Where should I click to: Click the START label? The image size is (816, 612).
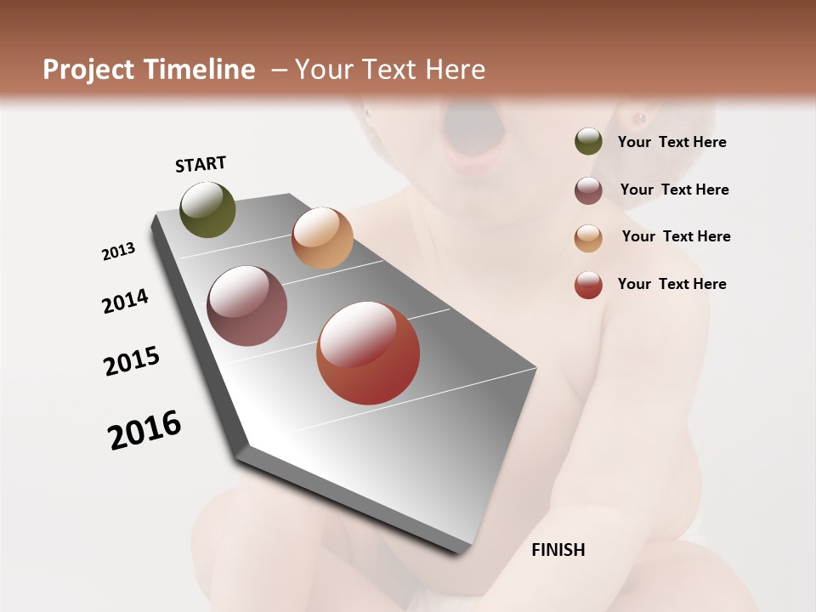point(201,164)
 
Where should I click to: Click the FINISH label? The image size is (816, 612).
point(558,550)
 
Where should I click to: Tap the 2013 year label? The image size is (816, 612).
point(119,252)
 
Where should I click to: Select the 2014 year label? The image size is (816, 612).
point(126,301)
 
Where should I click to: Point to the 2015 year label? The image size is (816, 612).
point(132,360)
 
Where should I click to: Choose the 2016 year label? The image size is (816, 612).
point(144,429)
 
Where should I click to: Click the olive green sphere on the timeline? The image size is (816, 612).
point(207,209)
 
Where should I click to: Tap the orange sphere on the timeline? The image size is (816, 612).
point(322,238)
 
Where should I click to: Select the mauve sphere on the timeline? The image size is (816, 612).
point(246,306)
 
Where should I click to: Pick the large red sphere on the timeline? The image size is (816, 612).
point(368,353)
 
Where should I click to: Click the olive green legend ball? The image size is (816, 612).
point(588,141)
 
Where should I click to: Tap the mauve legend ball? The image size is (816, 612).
point(588,190)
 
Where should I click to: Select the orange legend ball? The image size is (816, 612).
point(588,237)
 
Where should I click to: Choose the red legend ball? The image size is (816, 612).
point(588,285)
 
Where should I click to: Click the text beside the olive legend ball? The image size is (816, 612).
point(671,142)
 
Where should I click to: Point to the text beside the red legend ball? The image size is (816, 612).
point(671,284)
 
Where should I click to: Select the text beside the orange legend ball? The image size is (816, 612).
point(676,236)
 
